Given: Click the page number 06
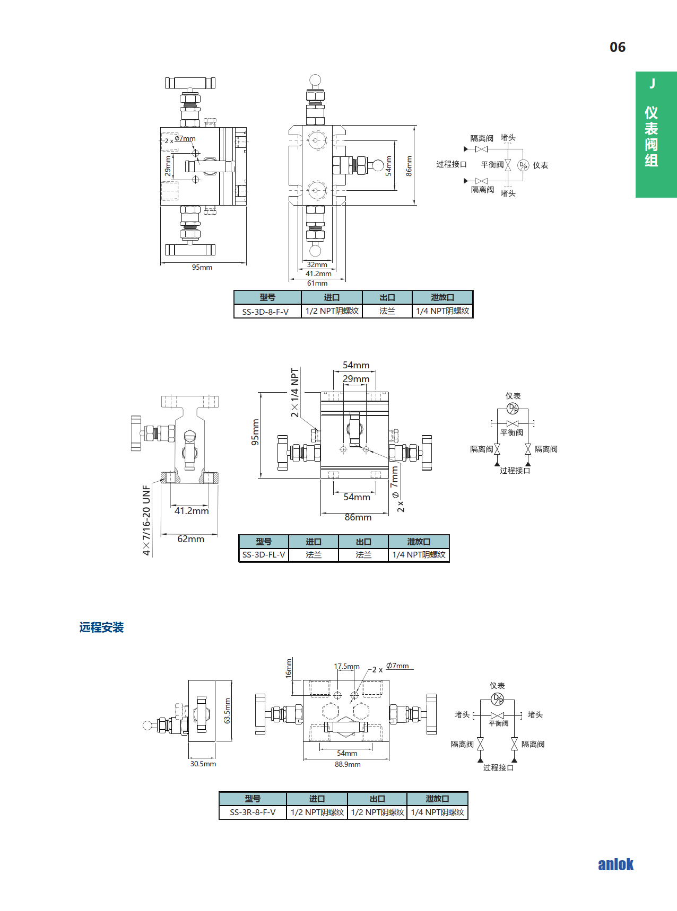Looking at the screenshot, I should (x=618, y=47).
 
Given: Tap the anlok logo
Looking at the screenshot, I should (x=615, y=864).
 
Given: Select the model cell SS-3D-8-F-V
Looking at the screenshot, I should (x=265, y=312).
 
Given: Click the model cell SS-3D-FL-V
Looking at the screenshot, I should (x=264, y=555).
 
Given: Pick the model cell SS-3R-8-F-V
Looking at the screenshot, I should (x=253, y=812).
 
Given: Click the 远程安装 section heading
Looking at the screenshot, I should (x=101, y=627).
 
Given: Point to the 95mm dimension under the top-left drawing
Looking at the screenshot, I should (x=202, y=268).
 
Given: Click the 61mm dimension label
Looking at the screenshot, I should (x=317, y=284).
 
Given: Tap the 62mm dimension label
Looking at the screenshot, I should (x=190, y=539).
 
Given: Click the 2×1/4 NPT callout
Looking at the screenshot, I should (x=295, y=392).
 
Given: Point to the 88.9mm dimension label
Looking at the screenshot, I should (x=348, y=764).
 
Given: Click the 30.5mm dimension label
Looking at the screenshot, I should (x=203, y=764).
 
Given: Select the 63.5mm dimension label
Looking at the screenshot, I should (x=228, y=711).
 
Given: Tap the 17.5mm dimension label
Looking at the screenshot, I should (x=346, y=666).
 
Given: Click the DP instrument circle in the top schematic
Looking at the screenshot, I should (x=523, y=165).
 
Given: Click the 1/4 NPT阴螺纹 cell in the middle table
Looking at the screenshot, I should (x=419, y=555).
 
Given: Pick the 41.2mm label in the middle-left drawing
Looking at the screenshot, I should (x=192, y=511).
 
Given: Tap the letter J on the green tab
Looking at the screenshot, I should (x=653, y=83).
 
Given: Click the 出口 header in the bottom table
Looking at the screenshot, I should (x=377, y=799).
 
